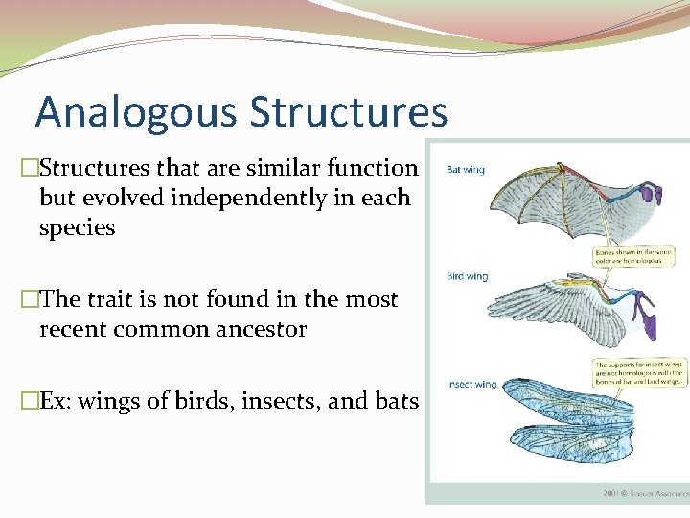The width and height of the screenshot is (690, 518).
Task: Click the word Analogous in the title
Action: coord(137,112)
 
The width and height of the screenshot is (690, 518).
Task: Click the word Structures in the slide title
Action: coord(348,112)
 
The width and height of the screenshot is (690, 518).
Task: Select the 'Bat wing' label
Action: coord(466,170)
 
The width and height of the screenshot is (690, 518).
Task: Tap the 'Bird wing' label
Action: coord(467,277)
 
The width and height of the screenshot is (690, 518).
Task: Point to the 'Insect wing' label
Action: coord(471,385)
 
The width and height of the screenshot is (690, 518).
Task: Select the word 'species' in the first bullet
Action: coord(77,228)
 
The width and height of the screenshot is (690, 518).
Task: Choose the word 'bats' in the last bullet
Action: coord(396,401)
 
